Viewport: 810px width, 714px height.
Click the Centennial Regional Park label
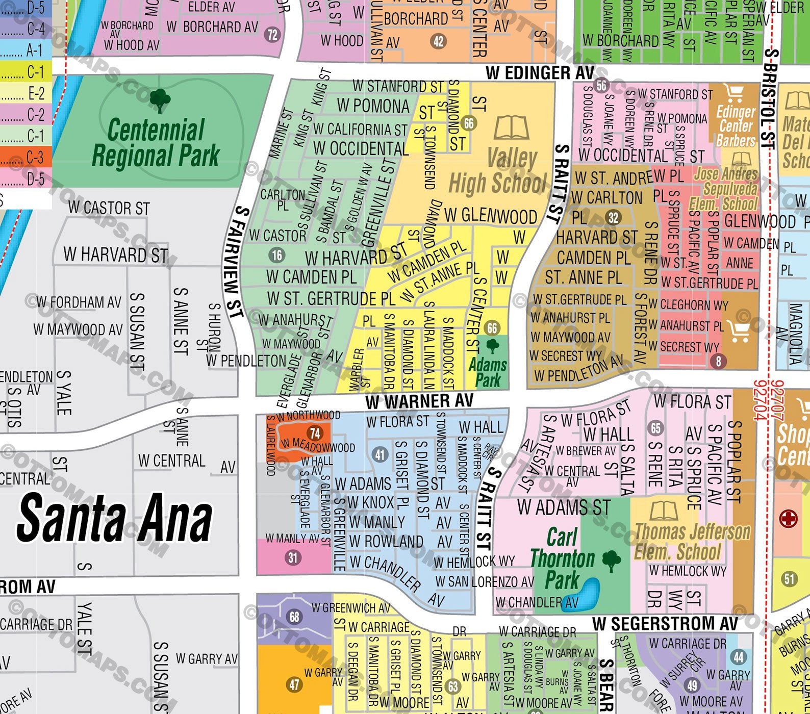pyautogui.click(x=156, y=143)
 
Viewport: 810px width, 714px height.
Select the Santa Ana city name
pyautogui.click(x=115, y=519)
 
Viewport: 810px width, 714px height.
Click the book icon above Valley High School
pyautogui.click(x=511, y=128)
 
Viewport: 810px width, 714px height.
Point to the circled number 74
pyautogui.click(x=315, y=433)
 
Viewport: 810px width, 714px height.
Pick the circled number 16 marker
pyautogui.click(x=277, y=255)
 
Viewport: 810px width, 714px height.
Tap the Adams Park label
pyautogui.click(x=488, y=372)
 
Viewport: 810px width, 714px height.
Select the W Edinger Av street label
pyautogui.click(x=540, y=73)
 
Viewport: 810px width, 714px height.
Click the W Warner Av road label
pyautogui.click(x=419, y=401)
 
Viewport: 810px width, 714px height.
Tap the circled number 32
pyautogui.click(x=613, y=218)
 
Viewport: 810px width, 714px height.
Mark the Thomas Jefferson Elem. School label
pyautogui.click(x=692, y=542)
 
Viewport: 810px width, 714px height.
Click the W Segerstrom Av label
pyautogui.click(x=665, y=623)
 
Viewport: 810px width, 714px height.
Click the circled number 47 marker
pyautogui.click(x=294, y=684)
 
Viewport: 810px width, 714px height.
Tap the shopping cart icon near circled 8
pyautogui.click(x=739, y=331)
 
